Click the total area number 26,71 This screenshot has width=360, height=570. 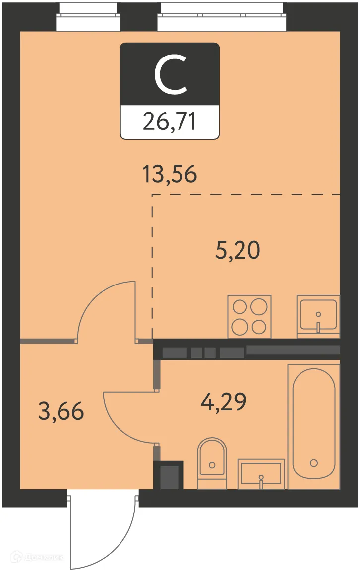170,121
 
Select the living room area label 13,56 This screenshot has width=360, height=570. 170,174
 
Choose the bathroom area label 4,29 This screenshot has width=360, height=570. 224,402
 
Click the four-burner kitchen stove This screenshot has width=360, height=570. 249,317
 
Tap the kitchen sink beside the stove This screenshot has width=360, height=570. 318,317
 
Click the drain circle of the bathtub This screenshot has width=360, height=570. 313,463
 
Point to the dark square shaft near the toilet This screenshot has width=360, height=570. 169,476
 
